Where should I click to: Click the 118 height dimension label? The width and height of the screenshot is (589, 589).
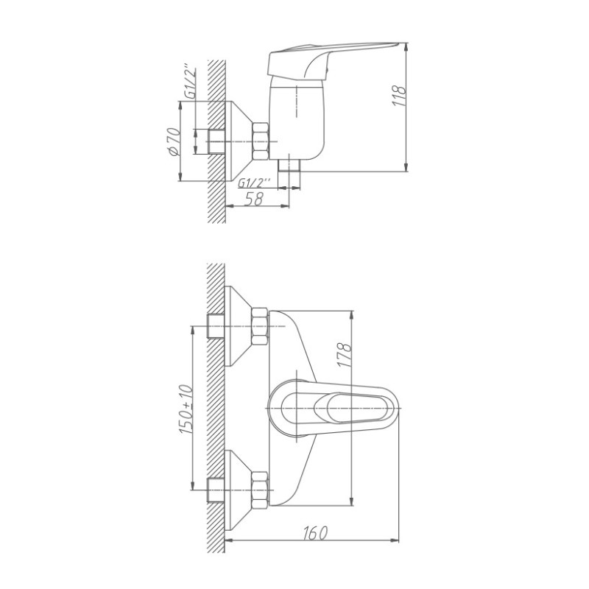(399, 96)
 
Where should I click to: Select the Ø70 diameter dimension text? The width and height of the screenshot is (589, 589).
(174, 141)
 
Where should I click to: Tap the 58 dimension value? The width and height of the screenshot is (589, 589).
(254, 199)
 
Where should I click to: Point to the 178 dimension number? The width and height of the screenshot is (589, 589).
(345, 354)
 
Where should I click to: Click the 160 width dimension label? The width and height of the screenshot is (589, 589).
(315, 532)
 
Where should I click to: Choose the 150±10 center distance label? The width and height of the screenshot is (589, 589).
(186, 410)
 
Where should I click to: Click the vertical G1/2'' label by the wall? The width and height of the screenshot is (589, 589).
(191, 83)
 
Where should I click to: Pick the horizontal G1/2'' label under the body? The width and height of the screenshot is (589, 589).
(254, 183)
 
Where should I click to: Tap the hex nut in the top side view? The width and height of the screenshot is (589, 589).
(261, 141)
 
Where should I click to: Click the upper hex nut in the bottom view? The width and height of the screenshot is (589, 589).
(260, 326)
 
